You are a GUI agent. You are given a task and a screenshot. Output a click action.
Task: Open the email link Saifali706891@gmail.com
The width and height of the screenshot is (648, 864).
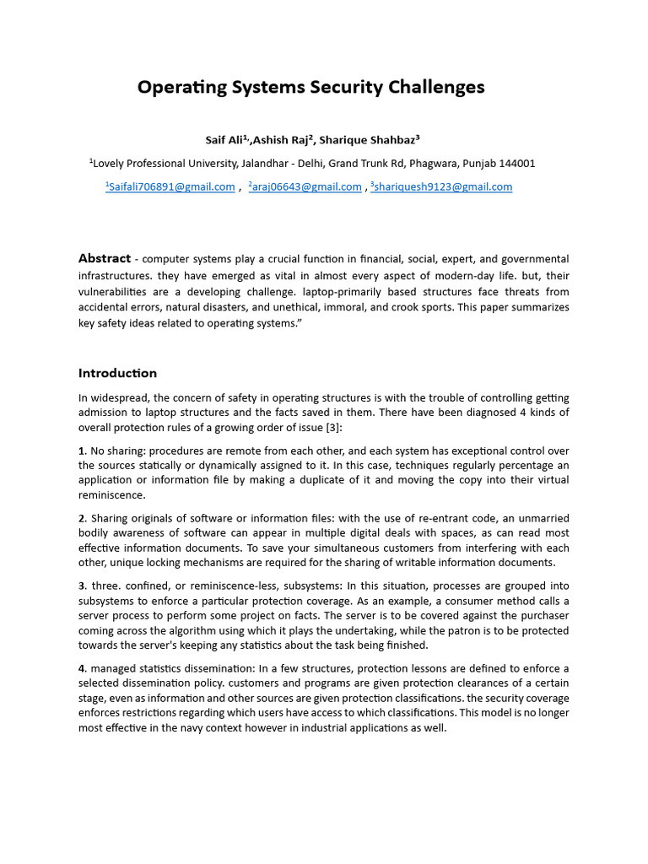point(170,187)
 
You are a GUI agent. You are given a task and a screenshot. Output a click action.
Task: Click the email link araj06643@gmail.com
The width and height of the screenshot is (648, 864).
point(306,187)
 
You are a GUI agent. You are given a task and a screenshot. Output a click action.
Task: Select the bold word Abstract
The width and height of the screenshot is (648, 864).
point(105,259)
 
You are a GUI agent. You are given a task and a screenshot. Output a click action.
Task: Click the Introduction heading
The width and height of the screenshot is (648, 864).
point(117,373)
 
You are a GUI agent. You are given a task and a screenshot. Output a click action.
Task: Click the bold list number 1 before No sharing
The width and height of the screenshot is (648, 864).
point(81,451)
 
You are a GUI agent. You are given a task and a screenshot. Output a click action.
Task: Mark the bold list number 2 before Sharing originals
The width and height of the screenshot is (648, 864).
point(82,518)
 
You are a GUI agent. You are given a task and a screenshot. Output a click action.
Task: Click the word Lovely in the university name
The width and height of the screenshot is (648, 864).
point(111,164)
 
